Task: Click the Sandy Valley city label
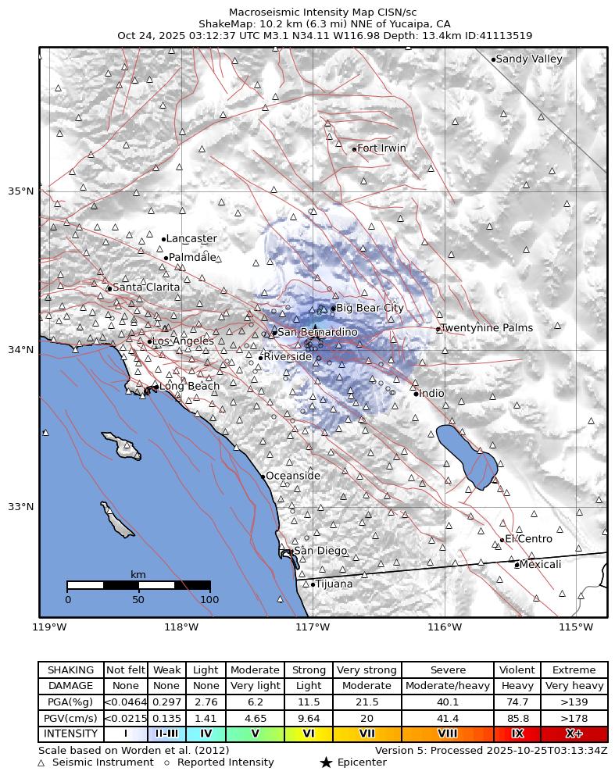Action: [529, 59]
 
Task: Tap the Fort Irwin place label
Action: [381, 148]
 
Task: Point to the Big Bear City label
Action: [370, 309]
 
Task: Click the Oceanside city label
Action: [293, 476]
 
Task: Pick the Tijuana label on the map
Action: [334, 584]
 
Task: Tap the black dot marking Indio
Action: [416, 394]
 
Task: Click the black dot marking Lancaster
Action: [163, 239]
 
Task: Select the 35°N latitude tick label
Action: [20, 191]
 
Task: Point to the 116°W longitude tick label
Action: [444, 627]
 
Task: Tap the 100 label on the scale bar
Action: [209, 600]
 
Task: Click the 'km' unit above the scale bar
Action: [138, 575]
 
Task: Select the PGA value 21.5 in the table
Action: [367, 702]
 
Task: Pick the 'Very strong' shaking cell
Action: [367, 670]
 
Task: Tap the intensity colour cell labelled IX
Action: [517, 734]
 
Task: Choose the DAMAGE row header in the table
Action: [70, 686]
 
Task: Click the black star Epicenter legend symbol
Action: [326, 762]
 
